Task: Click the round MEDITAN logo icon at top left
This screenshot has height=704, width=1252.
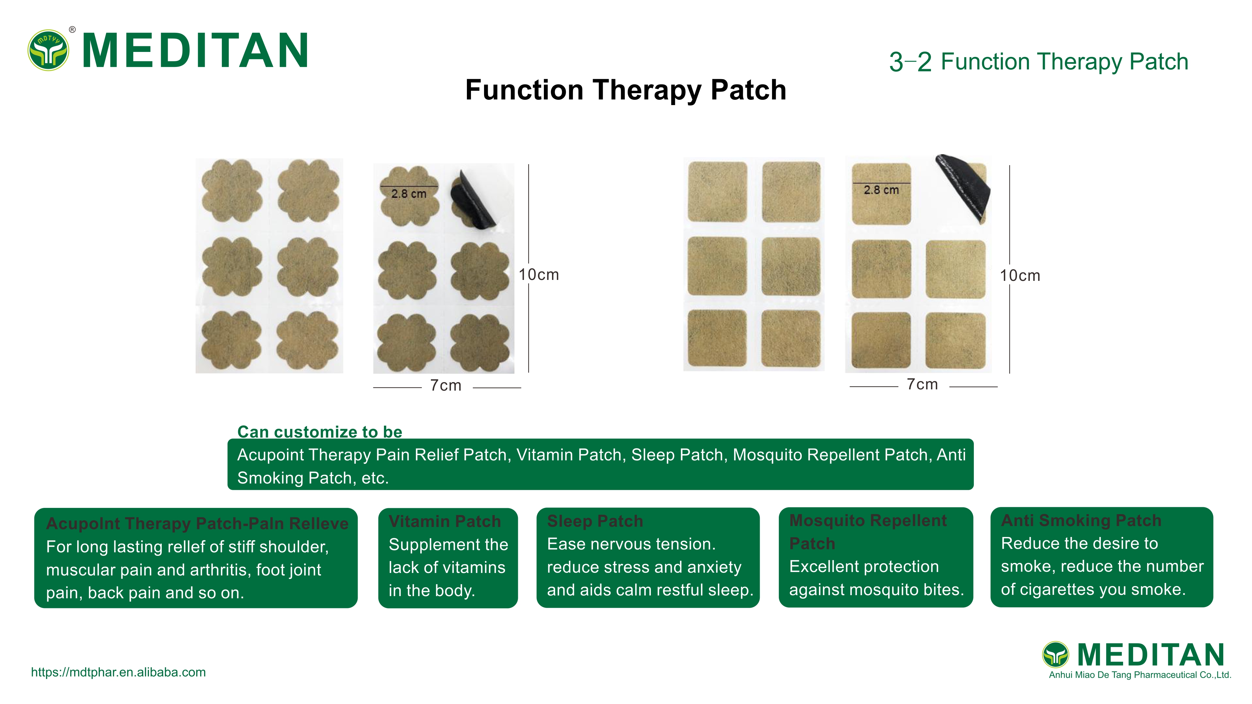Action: [48, 50]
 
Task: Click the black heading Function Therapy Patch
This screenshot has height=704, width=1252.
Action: [626, 90]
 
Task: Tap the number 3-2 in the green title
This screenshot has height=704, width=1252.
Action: [910, 63]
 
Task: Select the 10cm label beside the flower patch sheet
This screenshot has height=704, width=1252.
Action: [539, 275]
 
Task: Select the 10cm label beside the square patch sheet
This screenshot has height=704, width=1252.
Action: [1020, 276]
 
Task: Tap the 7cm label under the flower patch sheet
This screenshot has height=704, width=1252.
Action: [446, 386]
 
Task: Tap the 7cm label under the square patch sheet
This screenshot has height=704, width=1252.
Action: [922, 385]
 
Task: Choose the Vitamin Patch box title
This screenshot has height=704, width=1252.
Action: [444, 521]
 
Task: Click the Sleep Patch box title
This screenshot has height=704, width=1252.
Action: [595, 521]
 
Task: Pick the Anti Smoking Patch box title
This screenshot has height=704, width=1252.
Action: [1081, 521]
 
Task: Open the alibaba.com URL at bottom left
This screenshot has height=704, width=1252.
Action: [118, 672]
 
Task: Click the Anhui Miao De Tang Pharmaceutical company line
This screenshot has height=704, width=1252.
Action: [1139, 675]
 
